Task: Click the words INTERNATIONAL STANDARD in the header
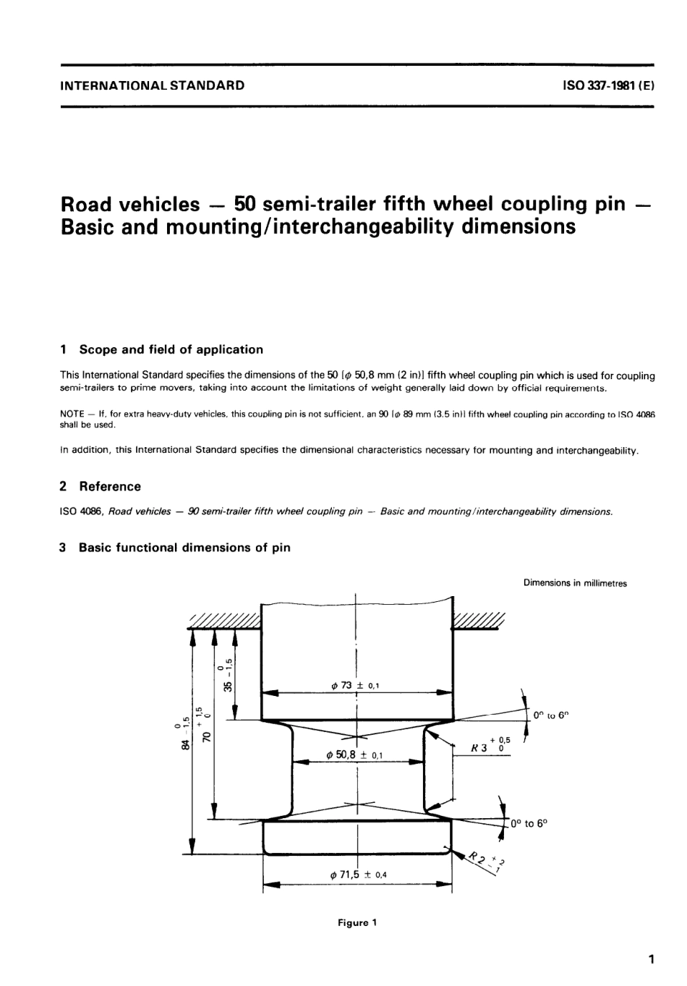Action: (152, 85)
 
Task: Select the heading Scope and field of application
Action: (171, 349)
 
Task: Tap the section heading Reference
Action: (110, 486)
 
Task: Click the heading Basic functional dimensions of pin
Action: (184, 548)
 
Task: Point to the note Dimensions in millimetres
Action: (575, 583)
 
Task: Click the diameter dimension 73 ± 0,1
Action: (355, 684)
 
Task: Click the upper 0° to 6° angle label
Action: (551, 715)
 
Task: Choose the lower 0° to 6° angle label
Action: (529, 823)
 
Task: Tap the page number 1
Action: (651, 960)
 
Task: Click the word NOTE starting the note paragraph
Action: (72, 415)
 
